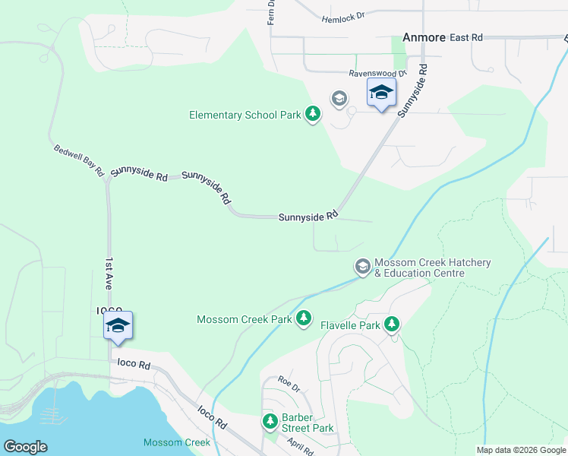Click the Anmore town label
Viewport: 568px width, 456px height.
[x=422, y=36]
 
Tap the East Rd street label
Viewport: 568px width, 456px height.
[x=466, y=36]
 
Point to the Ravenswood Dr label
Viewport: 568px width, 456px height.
[x=377, y=73]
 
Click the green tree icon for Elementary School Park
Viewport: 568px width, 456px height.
[x=312, y=114]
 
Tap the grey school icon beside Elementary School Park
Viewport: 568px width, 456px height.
[x=339, y=99]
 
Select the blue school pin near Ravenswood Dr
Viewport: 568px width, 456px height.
[x=381, y=93]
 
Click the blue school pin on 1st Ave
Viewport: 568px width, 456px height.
[x=118, y=326]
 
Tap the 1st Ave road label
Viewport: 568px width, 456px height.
[x=109, y=273]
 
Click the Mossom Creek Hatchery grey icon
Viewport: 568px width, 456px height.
[x=363, y=267]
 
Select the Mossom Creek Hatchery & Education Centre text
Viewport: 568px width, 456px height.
[x=432, y=268]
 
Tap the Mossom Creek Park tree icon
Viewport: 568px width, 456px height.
[x=304, y=318]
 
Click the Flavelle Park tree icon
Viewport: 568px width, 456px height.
[x=392, y=325]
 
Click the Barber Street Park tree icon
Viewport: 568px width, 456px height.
[x=270, y=421]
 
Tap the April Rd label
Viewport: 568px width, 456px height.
[x=300, y=447]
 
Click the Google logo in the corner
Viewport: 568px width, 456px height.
[x=25, y=447]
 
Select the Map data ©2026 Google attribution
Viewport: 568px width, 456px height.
[x=521, y=450]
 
